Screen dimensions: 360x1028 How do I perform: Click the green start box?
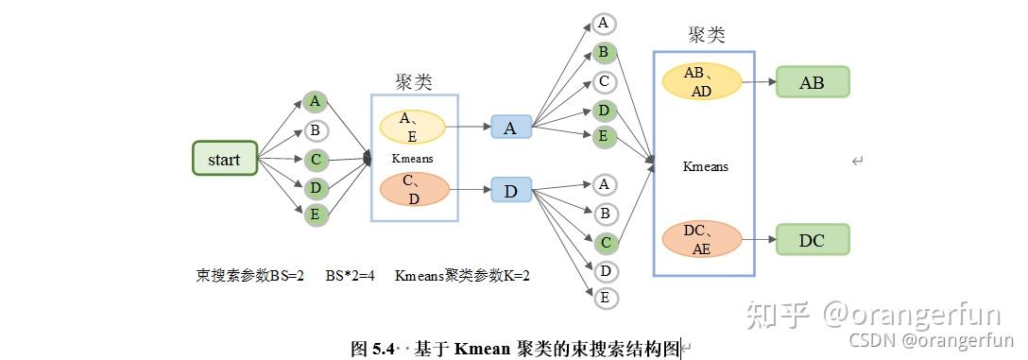(x=225, y=159)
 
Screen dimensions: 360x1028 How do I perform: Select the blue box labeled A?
(x=510, y=128)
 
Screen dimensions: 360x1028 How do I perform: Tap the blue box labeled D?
(x=510, y=191)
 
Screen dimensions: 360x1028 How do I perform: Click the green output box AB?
(x=812, y=82)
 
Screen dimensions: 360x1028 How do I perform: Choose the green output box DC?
(x=812, y=240)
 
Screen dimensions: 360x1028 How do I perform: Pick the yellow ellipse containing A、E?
(x=414, y=127)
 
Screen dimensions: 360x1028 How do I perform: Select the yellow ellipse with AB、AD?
(x=701, y=82)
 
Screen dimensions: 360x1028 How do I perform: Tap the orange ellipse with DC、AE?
(x=701, y=240)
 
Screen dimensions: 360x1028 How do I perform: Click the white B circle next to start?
(x=316, y=130)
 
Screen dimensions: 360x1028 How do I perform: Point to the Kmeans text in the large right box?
(x=706, y=166)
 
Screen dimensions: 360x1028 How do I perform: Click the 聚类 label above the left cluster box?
(x=414, y=82)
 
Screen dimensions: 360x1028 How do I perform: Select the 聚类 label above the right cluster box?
(x=706, y=35)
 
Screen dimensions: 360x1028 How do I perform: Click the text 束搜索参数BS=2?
(x=249, y=276)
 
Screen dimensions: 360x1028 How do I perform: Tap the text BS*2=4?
(x=351, y=276)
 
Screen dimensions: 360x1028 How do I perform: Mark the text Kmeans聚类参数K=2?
(x=462, y=276)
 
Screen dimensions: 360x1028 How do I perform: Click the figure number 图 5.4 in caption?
(x=371, y=349)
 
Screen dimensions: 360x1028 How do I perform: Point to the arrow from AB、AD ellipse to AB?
(x=758, y=82)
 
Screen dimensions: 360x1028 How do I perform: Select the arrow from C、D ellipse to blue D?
(x=470, y=191)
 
